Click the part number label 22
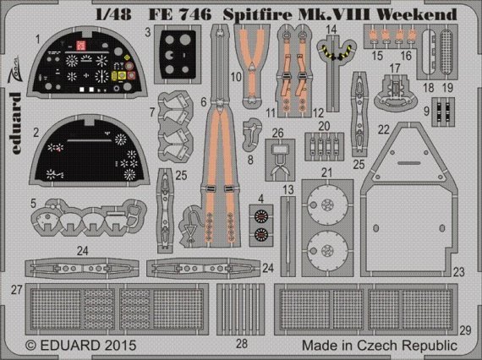pos(383,130)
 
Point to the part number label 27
pos(16,289)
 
